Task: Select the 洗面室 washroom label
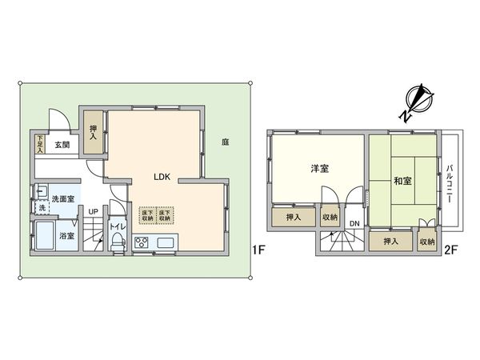62,198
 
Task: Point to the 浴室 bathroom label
67,236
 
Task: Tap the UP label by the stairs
93,212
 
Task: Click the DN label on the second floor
354,223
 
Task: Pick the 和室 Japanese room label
403,181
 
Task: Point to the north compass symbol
416,102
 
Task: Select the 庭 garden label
226,142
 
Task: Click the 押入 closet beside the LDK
93,126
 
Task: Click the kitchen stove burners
142,243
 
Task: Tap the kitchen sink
167,242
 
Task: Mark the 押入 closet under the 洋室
293,217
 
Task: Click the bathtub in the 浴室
46,238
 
